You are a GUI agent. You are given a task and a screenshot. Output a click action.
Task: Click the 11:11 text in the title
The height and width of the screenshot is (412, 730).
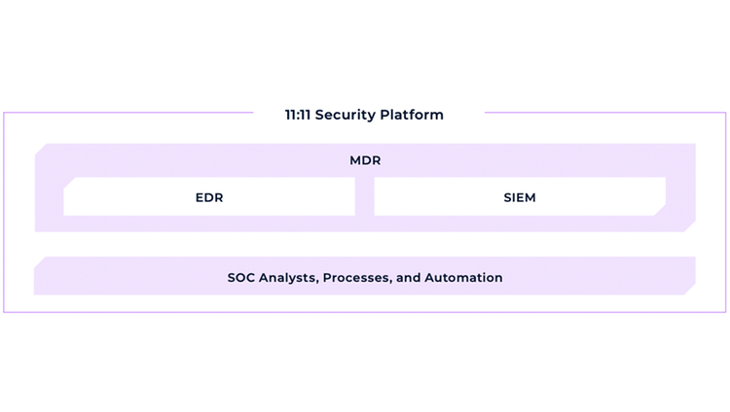click(298, 115)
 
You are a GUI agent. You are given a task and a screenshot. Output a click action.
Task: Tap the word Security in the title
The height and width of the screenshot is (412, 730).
click(346, 116)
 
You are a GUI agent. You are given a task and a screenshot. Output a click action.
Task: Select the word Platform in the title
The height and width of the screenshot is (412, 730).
click(412, 115)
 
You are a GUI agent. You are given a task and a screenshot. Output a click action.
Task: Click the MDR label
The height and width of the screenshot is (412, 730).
click(365, 160)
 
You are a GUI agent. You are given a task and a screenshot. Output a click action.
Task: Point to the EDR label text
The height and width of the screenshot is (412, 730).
click(209, 197)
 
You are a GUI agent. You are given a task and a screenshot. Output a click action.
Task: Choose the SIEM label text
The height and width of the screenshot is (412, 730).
click(520, 197)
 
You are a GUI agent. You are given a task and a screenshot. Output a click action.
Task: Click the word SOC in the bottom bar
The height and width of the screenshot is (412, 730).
click(240, 278)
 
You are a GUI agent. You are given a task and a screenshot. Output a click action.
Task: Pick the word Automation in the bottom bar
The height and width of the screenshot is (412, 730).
click(463, 278)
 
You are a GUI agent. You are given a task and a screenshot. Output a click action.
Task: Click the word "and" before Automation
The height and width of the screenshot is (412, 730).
click(408, 278)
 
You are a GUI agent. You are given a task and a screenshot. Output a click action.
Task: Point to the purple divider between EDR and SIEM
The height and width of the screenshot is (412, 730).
click(365, 196)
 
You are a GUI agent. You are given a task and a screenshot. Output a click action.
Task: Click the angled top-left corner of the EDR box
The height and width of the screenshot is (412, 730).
click(69, 183)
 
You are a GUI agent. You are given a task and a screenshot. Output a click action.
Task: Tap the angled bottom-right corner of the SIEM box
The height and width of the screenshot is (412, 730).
click(660, 210)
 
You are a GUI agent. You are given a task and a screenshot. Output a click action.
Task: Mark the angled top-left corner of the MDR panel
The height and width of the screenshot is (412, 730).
click(41, 150)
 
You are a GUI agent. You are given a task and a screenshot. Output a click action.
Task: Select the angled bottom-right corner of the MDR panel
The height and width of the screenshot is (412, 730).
click(690, 226)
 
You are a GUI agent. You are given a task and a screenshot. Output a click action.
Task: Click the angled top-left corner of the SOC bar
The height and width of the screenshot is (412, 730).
click(40, 262)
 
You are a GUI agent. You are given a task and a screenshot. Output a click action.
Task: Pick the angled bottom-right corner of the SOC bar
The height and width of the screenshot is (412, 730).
click(690, 289)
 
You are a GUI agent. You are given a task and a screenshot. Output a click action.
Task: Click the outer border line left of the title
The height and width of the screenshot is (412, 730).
click(128, 112)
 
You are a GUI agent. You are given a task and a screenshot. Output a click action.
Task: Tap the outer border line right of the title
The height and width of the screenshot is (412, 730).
click(605, 112)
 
